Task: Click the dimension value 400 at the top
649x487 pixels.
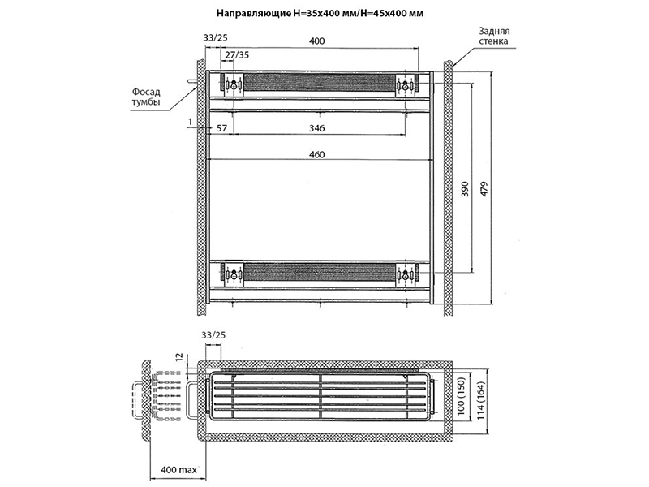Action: coord(317,41)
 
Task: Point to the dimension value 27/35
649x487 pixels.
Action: coord(237,54)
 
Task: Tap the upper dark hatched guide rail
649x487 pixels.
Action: coord(320,84)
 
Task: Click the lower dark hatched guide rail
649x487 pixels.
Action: coord(320,272)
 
